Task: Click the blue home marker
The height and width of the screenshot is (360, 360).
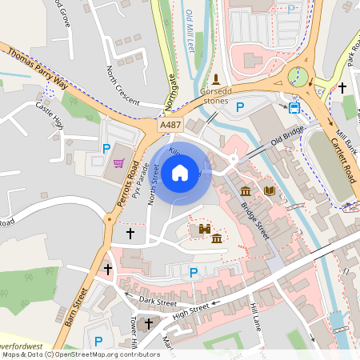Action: pyautogui.click(x=180, y=172)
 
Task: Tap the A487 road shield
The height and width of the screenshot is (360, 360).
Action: pyautogui.click(x=170, y=126)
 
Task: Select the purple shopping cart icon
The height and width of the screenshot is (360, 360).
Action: pyautogui.click(x=119, y=163)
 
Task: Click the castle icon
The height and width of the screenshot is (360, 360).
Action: pyautogui.click(x=204, y=230)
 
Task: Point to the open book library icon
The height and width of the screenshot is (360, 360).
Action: pyautogui.click(x=270, y=190)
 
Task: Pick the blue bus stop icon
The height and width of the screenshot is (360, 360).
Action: pyautogui.click(x=294, y=107)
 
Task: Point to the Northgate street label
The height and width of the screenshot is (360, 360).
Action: pyautogui.click(x=170, y=87)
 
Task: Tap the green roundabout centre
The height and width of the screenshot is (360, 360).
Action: pyautogui.click(x=298, y=77)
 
